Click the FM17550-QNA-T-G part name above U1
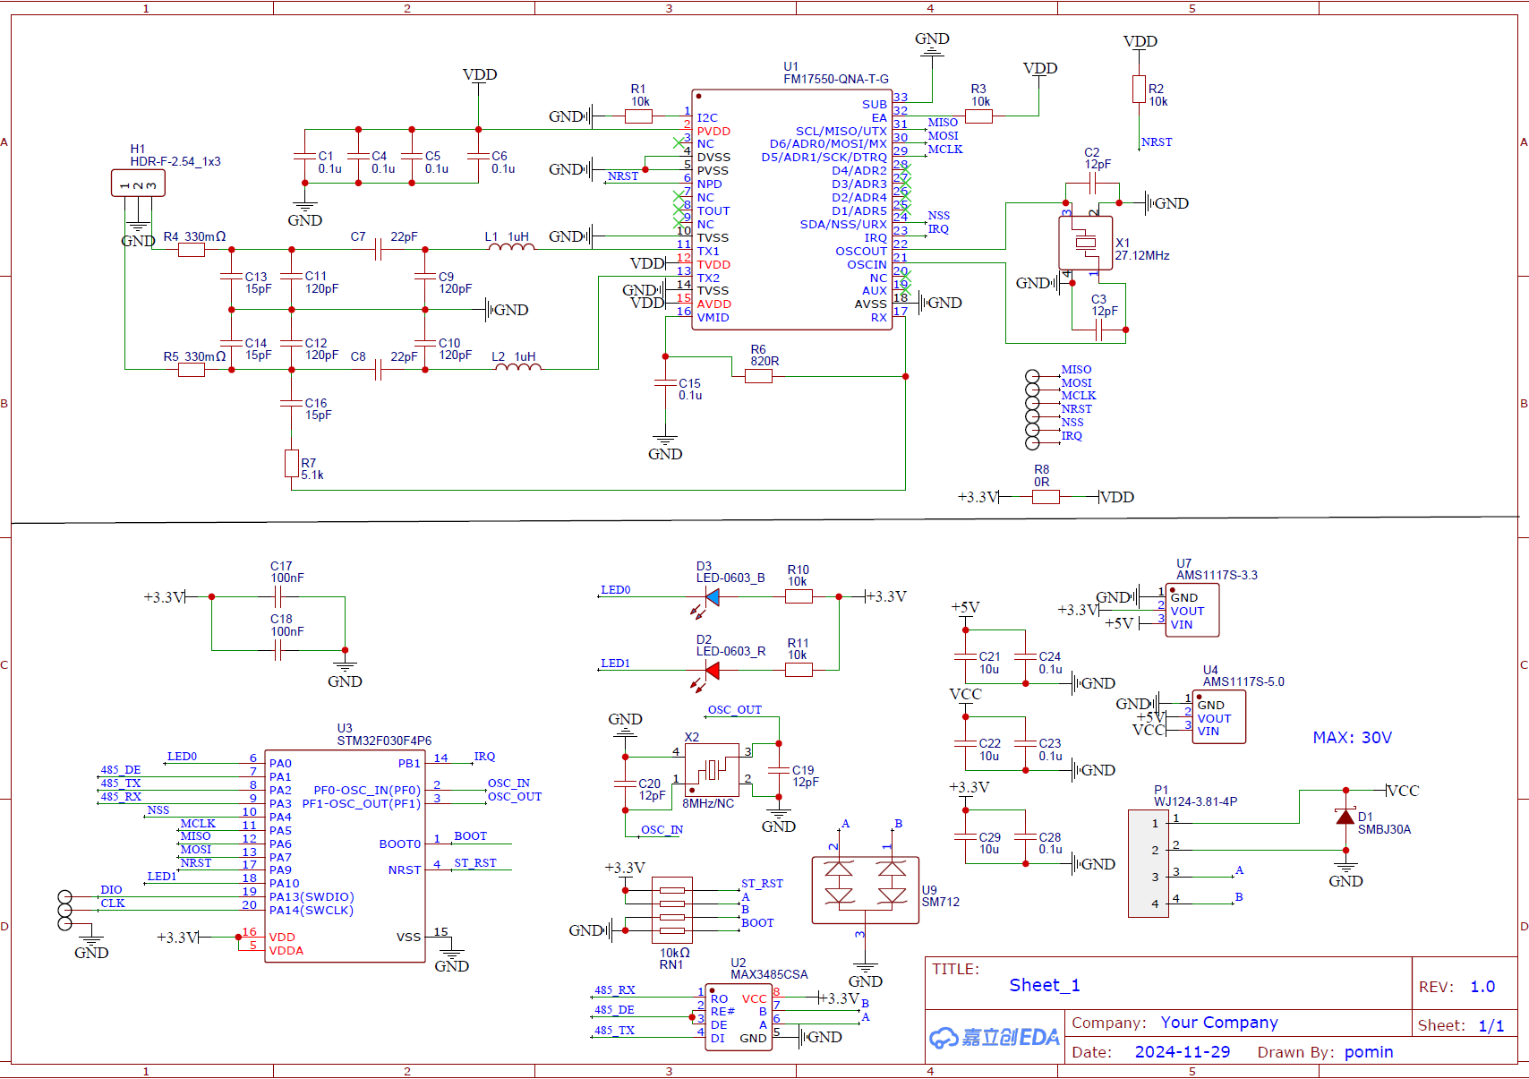pyautogui.click(x=835, y=79)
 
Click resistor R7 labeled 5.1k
pyautogui.click(x=291, y=463)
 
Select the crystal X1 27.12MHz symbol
pyautogui.click(x=1085, y=243)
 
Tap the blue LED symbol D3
pyautogui.click(x=712, y=596)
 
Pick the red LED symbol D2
pyautogui.click(x=712, y=670)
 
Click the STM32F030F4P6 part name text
pyautogui.click(x=384, y=741)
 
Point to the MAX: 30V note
pyautogui.click(x=1352, y=738)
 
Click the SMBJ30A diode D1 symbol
pyautogui.click(x=1345, y=818)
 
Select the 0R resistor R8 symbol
pyautogui.click(x=1045, y=497)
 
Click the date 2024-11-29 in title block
pyautogui.click(x=1182, y=1052)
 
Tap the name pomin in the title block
pyautogui.click(x=1368, y=1052)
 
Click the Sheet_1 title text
pyautogui.click(x=1044, y=985)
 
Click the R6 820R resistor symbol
pyautogui.click(x=758, y=377)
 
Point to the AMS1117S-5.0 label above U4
pyautogui.click(x=1243, y=681)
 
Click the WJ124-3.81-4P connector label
pyautogui.click(x=1195, y=801)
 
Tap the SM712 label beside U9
pyautogui.click(x=940, y=902)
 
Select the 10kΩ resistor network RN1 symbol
pyautogui.click(x=671, y=911)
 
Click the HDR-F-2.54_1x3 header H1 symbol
pyautogui.click(x=138, y=184)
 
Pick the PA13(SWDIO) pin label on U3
pyautogui.click(x=312, y=896)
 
